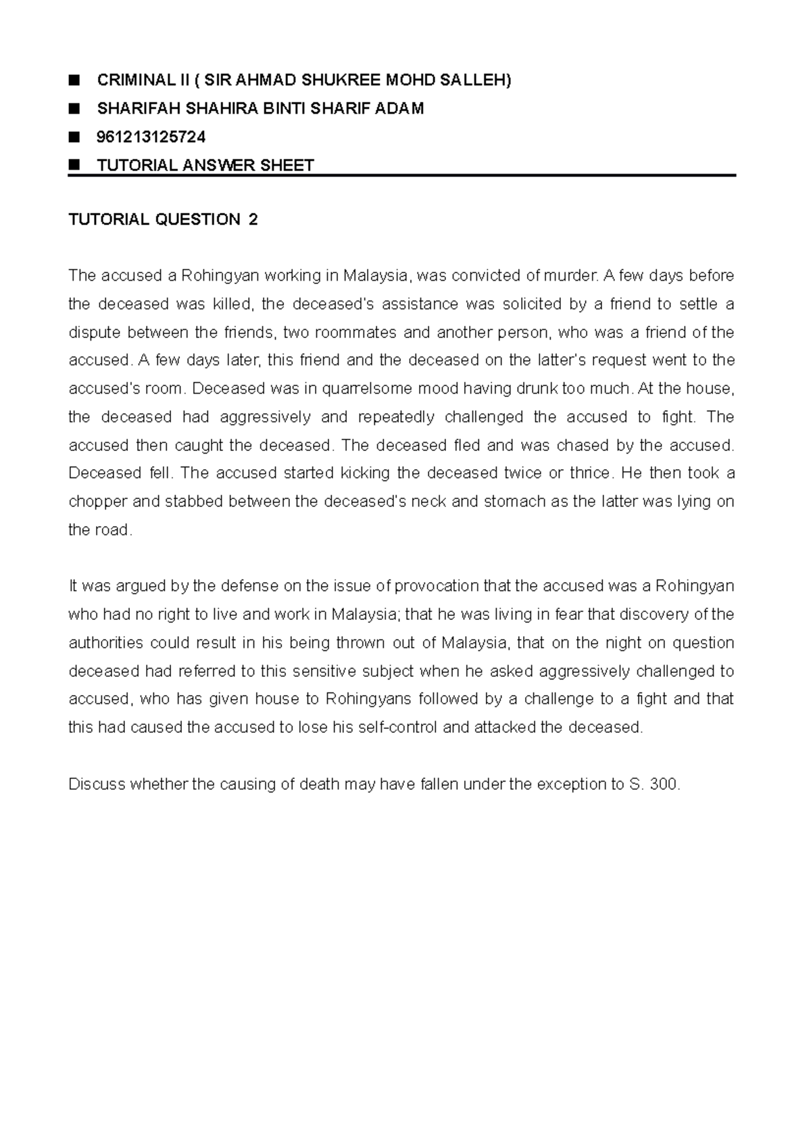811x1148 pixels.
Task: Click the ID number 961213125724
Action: coord(151,137)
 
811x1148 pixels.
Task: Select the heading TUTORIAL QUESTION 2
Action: coord(163,220)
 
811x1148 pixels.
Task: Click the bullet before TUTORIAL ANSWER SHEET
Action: coord(74,164)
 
